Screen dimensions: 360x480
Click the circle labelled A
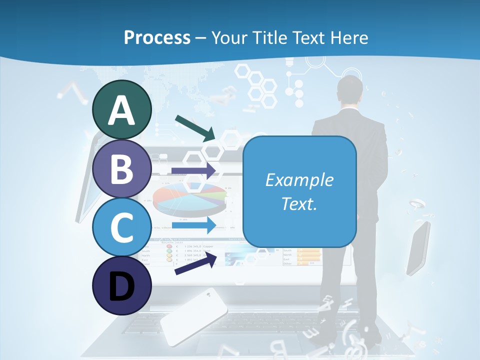(x=121, y=109)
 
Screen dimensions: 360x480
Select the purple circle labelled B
(x=121, y=168)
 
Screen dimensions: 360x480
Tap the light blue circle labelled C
(x=121, y=227)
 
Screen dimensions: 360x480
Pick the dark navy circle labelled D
(x=121, y=286)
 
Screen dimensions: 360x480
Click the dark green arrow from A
(x=195, y=128)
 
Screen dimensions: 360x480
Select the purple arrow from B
(x=194, y=170)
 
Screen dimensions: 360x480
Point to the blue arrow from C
(x=194, y=225)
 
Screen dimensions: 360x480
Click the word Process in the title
(x=157, y=37)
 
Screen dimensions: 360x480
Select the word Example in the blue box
(x=299, y=180)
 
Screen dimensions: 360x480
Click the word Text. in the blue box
(x=299, y=203)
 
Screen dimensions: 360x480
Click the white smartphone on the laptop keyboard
(x=193, y=316)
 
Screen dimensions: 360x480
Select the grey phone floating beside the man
(x=418, y=248)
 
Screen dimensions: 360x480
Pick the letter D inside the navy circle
(x=121, y=287)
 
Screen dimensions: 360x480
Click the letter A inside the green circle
(x=121, y=110)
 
